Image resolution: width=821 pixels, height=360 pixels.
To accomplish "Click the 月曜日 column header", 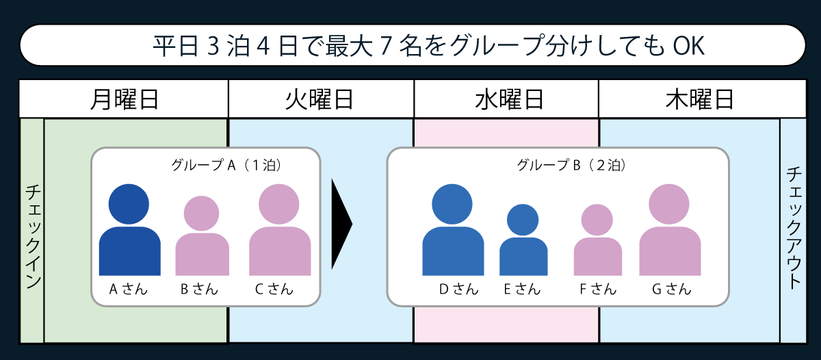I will [x=124, y=100].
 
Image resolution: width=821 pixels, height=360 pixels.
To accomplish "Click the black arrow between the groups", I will [x=341, y=224].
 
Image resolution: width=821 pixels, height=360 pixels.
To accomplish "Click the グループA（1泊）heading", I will [x=226, y=165].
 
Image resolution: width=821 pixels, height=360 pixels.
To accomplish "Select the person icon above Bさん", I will [x=202, y=237].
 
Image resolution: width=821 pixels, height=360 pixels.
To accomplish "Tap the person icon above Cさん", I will [x=280, y=231].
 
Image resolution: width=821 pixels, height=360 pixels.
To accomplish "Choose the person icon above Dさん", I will [x=453, y=231].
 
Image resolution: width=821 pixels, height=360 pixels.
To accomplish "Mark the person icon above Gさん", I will [x=670, y=231].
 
